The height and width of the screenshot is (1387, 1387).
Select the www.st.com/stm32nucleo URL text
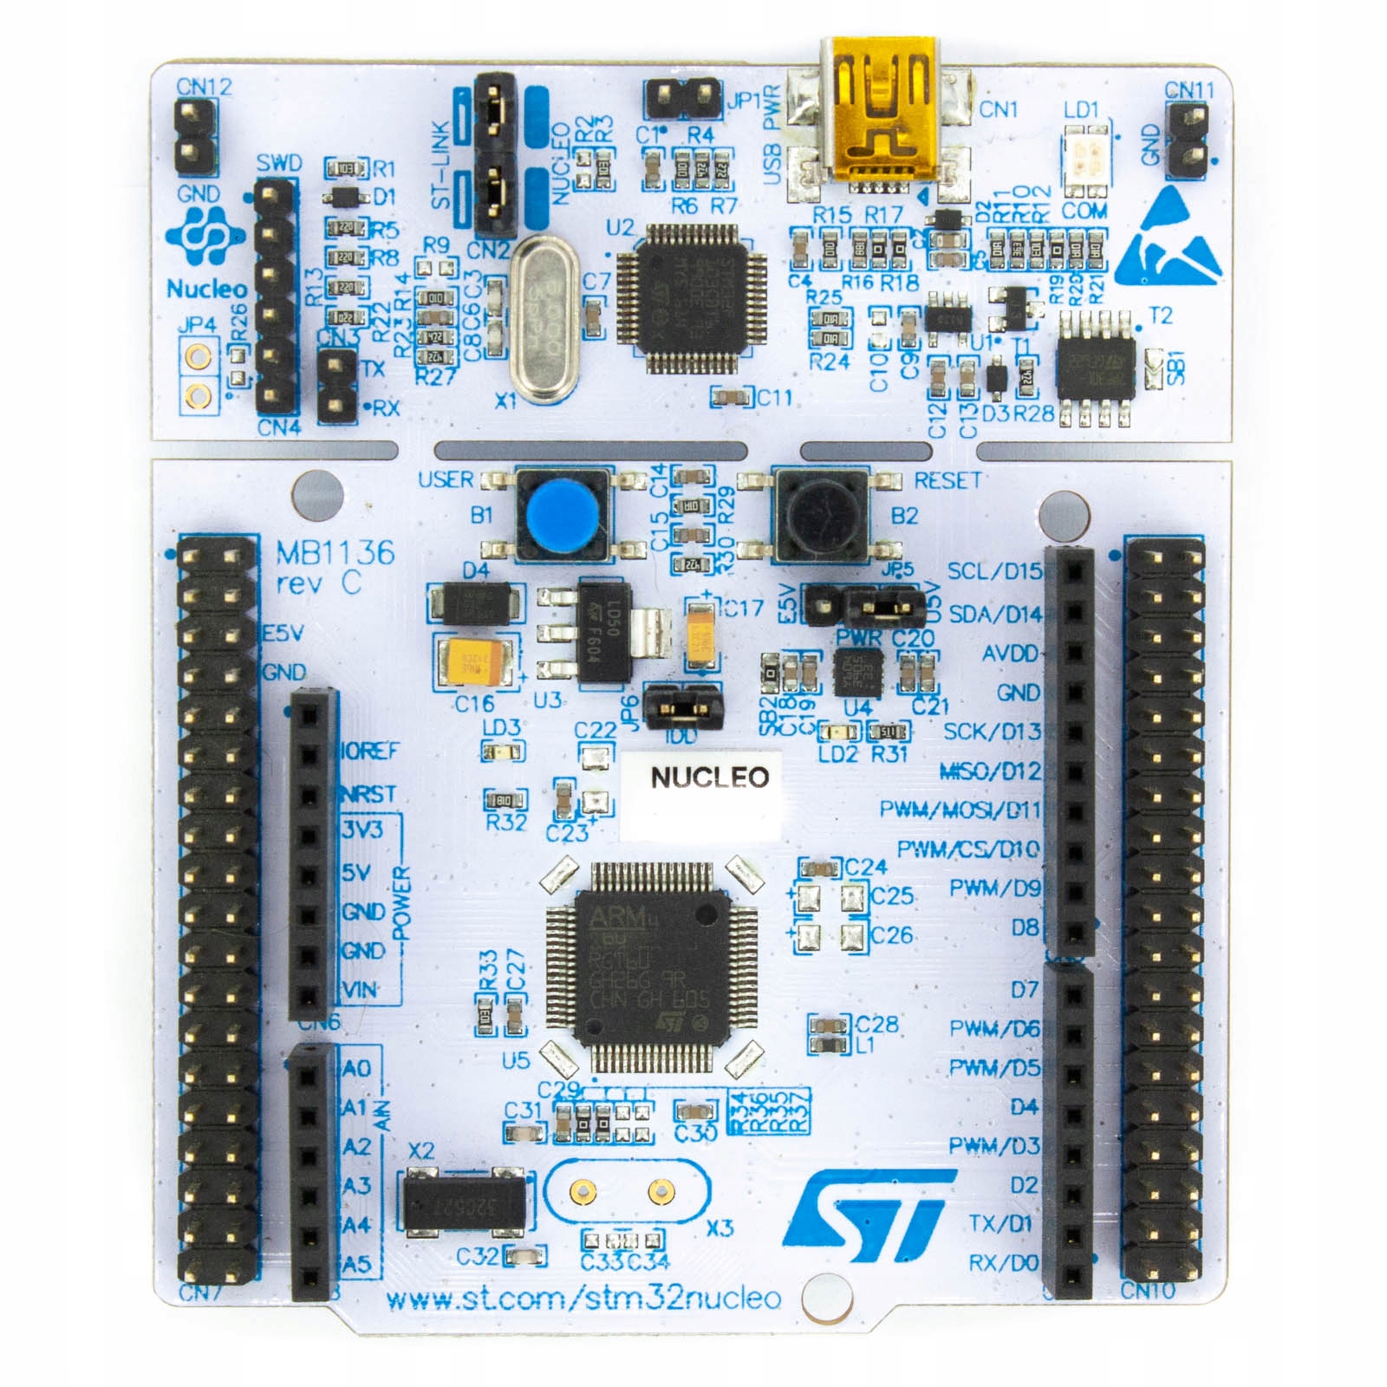pos(583,1298)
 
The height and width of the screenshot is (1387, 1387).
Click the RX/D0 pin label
pos(1003,1263)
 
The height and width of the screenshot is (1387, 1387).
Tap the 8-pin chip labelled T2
pos(1095,368)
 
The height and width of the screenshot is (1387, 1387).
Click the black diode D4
pos(475,603)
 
